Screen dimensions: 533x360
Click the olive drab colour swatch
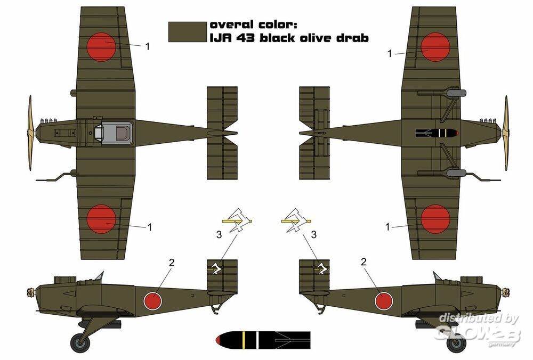tap(187, 32)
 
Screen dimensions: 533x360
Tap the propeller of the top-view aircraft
tap(30, 133)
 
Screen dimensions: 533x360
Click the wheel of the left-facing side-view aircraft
tap(80, 342)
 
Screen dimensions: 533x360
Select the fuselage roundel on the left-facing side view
tap(152, 300)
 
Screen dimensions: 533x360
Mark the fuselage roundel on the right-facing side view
tap(384, 300)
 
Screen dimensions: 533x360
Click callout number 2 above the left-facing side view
tap(172, 263)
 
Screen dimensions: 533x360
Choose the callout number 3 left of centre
tap(219, 235)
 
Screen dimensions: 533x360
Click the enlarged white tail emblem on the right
tap(296, 221)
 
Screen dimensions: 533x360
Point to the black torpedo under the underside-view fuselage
tap(437, 133)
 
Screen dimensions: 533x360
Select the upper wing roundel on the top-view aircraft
tap(101, 47)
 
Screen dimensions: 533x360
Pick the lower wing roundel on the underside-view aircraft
tap(435, 219)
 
